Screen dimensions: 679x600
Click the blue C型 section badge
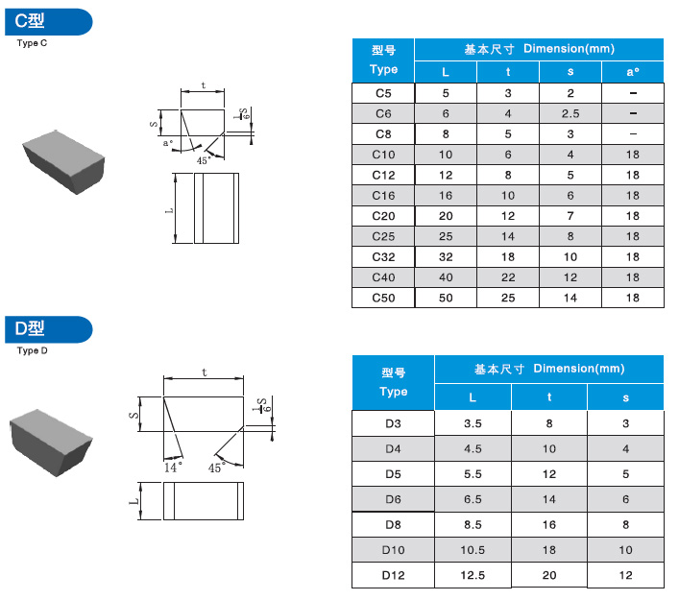click(48, 22)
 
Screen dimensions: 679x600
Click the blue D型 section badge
click(48, 329)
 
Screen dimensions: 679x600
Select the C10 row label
click(383, 155)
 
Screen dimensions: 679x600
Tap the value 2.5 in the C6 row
click(570, 114)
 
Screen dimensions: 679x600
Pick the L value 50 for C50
click(446, 298)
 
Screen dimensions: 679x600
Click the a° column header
click(633, 72)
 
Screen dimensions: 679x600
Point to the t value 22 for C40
click(508, 277)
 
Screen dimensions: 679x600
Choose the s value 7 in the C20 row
click(570, 216)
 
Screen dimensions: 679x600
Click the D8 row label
click(393, 525)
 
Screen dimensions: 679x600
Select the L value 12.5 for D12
click(473, 575)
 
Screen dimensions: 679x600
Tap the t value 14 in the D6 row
click(549, 499)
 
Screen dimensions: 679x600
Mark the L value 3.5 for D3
click(473, 423)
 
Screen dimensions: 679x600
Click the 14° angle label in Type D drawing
click(173, 468)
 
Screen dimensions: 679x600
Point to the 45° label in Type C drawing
click(204, 160)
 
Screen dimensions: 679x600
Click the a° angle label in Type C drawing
click(167, 142)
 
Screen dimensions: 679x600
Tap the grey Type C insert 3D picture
click(64, 161)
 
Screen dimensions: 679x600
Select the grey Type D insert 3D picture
click(51, 443)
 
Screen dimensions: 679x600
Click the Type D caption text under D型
click(32, 350)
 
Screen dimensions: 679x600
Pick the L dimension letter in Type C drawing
click(169, 211)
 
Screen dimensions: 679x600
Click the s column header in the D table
click(625, 397)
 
